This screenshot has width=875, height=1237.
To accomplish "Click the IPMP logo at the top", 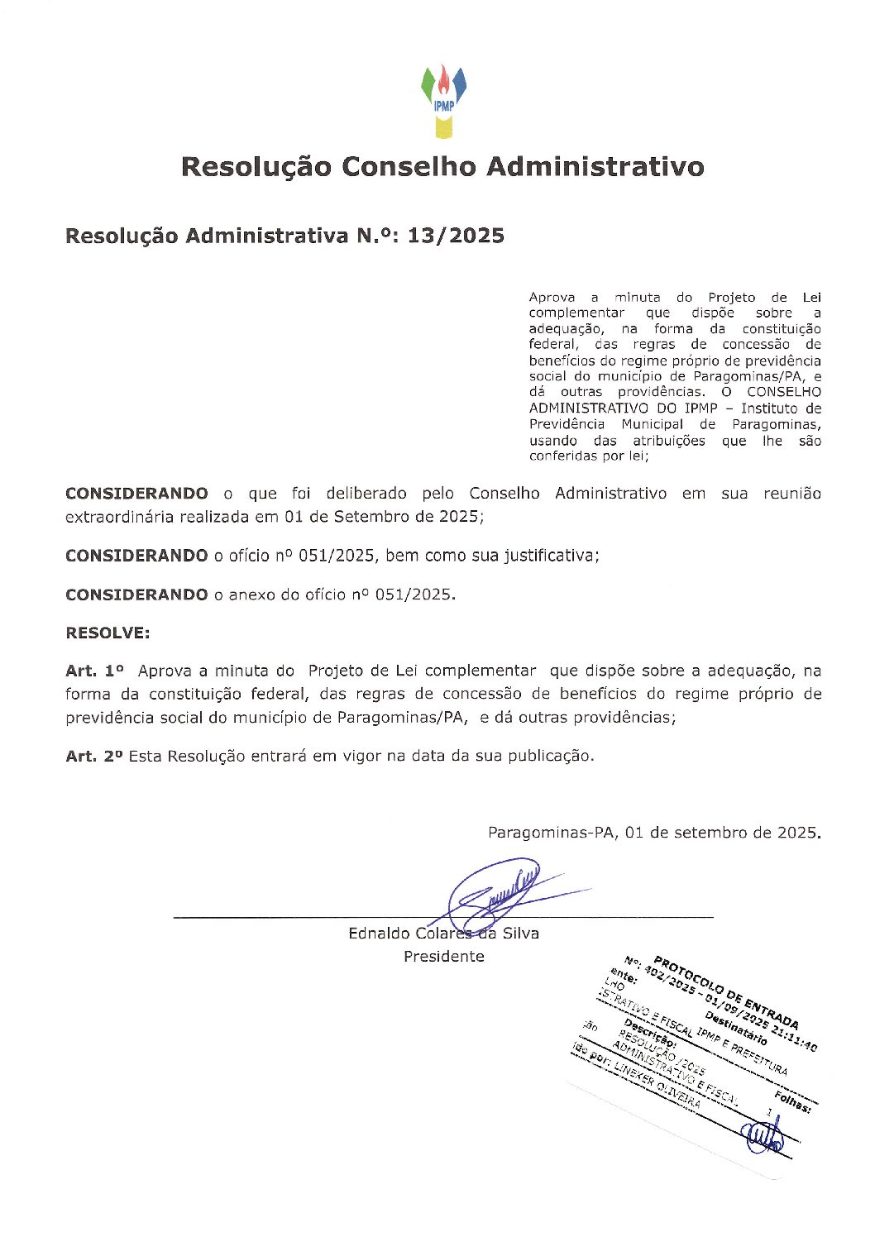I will [x=444, y=100].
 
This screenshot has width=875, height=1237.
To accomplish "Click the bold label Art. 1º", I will [x=95, y=671].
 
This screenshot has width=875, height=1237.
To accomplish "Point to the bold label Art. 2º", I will [x=95, y=756].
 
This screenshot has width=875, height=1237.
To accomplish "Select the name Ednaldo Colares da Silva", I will [x=443, y=933].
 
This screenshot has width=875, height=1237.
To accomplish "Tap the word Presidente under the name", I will [x=444, y=956].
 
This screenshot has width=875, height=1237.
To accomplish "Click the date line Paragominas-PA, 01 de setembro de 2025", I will [x=654, y=833].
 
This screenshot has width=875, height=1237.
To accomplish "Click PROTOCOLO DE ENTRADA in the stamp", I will [x=726, y=993].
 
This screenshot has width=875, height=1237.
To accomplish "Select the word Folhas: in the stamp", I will [x=792, y=1101].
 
